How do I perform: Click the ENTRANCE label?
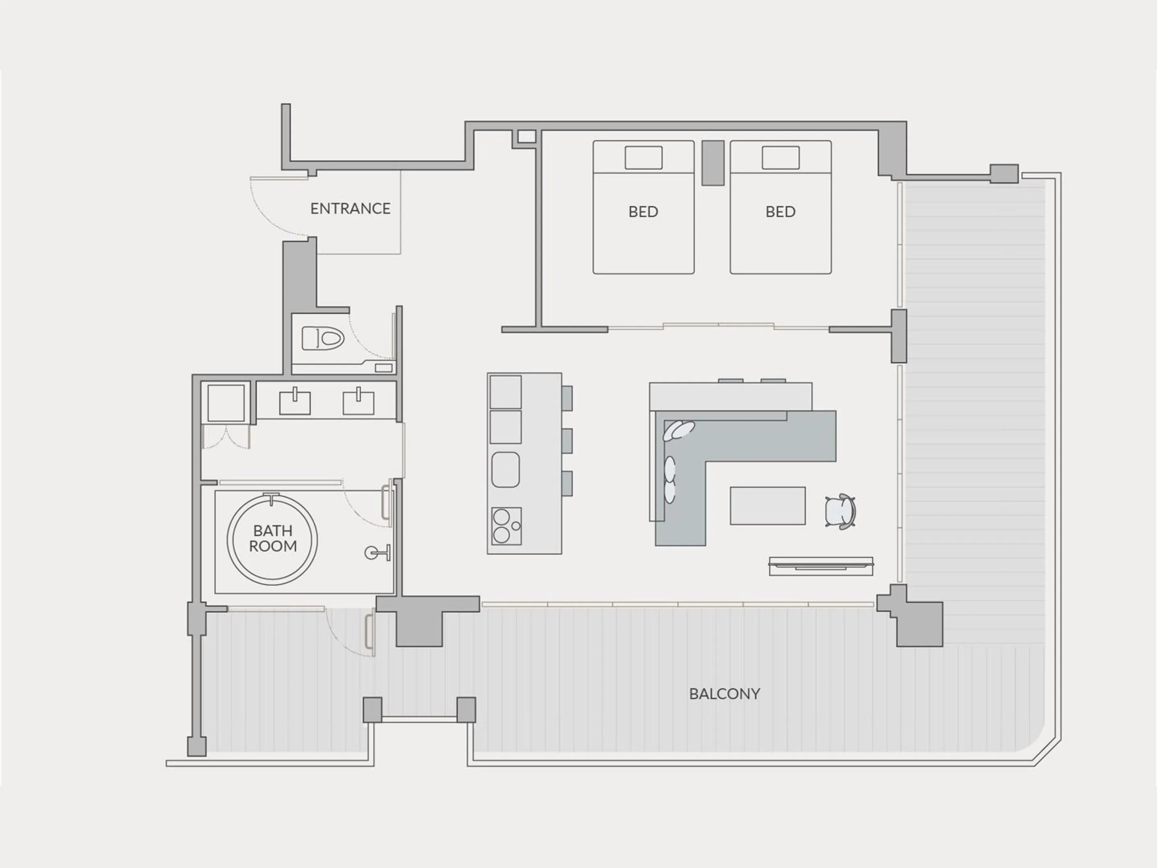click(x=350, y=209)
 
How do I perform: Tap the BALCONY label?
click(x=724, y=694)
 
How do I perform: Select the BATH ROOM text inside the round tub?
click(x=272, y=538)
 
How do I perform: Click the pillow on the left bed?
click(x=643, y=158)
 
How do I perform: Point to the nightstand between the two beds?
click(x=712, y=163)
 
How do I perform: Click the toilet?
click(x=323, y=338)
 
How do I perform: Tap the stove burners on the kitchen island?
click(x=506, y=526)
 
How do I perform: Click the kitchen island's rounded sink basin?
click(x=505, y=469)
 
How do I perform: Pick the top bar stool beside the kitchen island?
click(x=566, y=398)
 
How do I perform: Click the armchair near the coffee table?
click(x=840, y=511)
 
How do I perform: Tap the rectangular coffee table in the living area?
click(x=767, y=506)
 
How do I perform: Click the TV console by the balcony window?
click(x=821, y=566)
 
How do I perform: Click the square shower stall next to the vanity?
click(x=226, y=403)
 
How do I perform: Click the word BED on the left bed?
click(x=643, y=212)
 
